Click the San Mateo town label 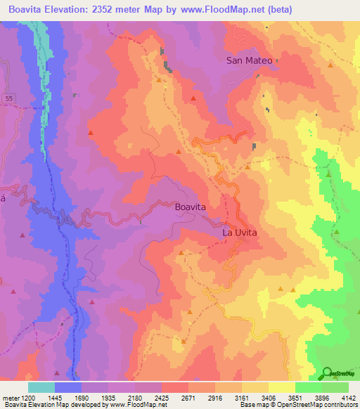coord(249,60)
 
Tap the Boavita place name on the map coord(191,208)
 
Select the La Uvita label coord(240,232)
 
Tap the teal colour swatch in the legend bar coord(41,387)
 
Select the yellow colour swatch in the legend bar coord(282,387)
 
